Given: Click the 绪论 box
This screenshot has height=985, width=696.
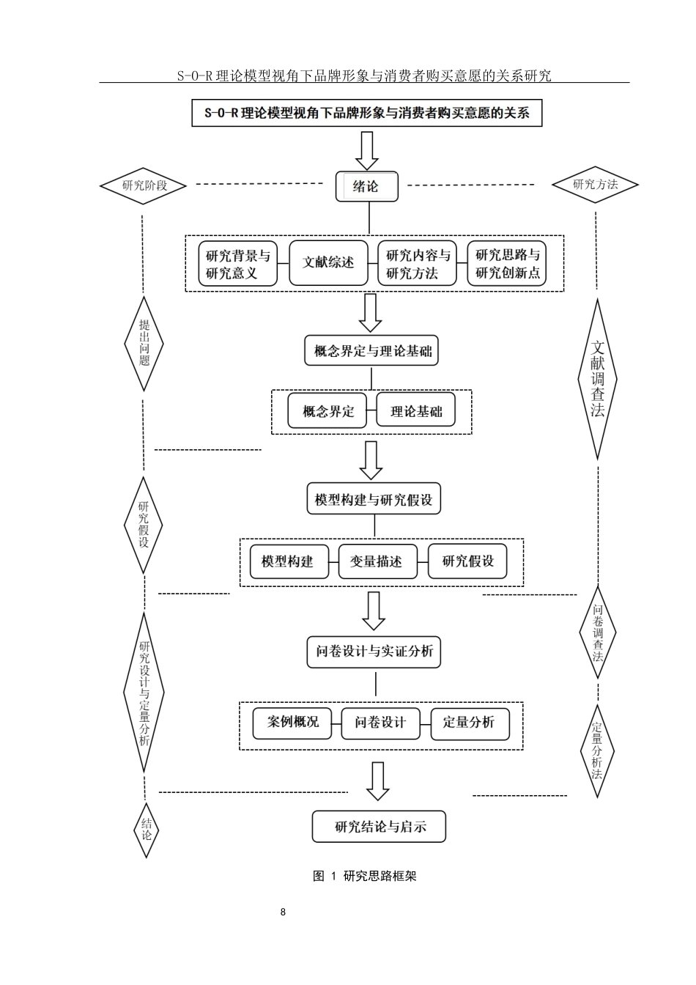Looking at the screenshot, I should coord(366,187).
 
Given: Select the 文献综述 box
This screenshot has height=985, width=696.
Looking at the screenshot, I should coord(327,262).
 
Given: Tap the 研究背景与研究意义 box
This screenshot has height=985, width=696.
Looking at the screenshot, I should coord(238,265).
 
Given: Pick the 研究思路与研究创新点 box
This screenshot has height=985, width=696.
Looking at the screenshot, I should coord(507,265).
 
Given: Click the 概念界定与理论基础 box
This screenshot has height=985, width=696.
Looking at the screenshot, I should coord(373,351).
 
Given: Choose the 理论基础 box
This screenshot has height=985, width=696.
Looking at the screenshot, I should coord(415,411).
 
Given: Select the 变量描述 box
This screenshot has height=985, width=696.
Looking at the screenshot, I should coord(377,561).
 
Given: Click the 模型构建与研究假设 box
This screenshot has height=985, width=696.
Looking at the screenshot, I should coord(374,501).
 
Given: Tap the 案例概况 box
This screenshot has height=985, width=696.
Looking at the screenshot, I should coord(292,723).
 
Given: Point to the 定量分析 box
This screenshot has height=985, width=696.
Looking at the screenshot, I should coord(469,723).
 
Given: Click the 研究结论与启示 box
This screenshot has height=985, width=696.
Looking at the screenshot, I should coord(379,827).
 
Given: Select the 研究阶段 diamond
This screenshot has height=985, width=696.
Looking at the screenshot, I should coord(144,185).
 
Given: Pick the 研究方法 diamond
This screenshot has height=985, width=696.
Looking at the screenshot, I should coord(595,184).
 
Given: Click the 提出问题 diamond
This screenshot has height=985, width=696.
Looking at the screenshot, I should coord(144,343).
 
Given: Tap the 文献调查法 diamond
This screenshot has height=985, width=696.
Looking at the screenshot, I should coord(598,379).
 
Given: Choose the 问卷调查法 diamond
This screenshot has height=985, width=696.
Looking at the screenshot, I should coord(598,632).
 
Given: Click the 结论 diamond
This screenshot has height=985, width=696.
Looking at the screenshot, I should coord(146,829).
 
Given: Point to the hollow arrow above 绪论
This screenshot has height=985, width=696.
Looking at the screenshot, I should coord(366,150).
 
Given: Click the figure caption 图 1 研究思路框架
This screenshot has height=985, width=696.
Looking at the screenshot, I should coord(364,876).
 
